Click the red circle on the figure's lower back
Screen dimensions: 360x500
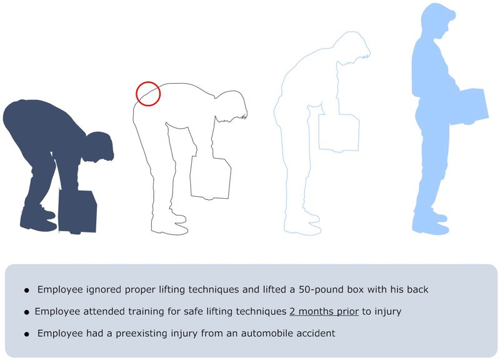[x=148, y=94]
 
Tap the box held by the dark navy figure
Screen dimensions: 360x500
[x=78, y=211]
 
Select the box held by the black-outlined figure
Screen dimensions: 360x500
[x=211, y=177]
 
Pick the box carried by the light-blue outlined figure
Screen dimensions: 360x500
[x=339, y=132]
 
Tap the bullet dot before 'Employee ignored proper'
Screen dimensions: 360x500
[x=26, y=291]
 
